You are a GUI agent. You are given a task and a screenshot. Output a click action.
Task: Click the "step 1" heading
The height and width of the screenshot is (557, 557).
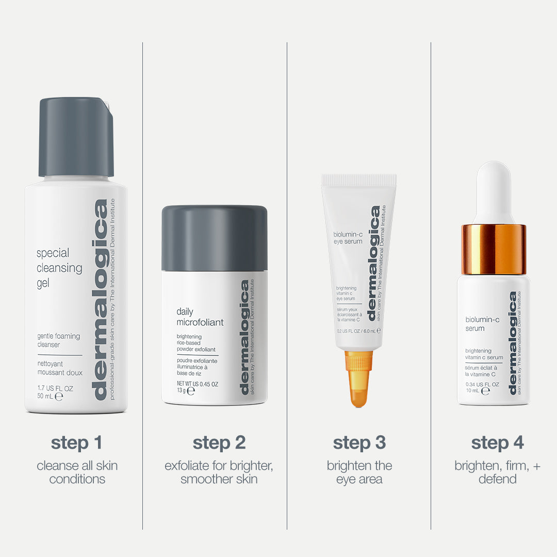click(x=76, y=443)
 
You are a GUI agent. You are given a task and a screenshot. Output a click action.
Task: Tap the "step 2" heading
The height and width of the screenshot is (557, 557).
click(x=219, y=443)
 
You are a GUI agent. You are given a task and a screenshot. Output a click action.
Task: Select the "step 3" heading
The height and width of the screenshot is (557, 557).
click(x=359, y=443)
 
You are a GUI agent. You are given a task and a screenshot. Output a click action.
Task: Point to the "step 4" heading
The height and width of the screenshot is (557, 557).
click(x=497, y=443)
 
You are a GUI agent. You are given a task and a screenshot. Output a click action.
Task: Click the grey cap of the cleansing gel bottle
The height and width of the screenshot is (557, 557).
click(x=76, y=137)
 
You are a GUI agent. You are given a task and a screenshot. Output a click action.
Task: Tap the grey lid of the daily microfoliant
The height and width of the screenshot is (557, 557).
click(x=214, y=237)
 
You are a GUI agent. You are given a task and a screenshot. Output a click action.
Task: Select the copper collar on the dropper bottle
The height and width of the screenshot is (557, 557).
click(x=494, y=249)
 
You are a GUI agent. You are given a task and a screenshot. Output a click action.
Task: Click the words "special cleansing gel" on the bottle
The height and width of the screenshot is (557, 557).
click(x=59, y=268)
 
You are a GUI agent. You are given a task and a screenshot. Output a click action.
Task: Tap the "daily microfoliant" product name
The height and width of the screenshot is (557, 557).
click(x=200, y=317)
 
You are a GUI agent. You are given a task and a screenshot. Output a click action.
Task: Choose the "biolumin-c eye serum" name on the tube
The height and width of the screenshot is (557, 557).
click(x=348, y=237)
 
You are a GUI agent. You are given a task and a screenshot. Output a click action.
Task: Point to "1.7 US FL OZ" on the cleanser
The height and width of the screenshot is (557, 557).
click(x=55, y=388)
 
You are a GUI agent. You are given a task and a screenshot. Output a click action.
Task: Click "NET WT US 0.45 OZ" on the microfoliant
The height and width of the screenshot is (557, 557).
click(x=198, y=384)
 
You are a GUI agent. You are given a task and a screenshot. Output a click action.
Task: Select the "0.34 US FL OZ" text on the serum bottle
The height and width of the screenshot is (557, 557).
click(x=482, y=385)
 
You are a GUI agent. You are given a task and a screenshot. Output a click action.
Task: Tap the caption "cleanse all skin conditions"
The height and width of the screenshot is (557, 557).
click(x=77, y=472)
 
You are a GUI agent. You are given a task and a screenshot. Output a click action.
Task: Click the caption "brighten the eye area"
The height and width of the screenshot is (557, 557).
click(x=359, y=472)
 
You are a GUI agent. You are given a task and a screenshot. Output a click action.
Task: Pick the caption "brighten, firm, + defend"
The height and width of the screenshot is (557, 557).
click(x=497, y=472)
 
